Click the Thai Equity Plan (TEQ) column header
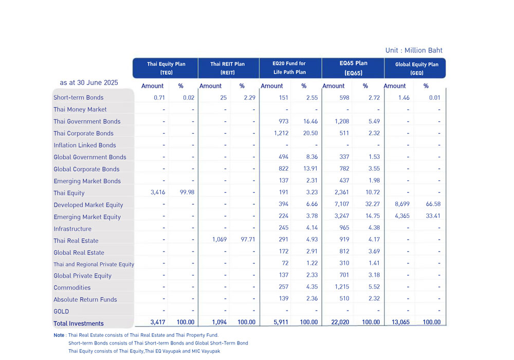pyautogui.click(x=166, y=68)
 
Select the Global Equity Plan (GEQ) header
pyautogui.click(x=417, y=68)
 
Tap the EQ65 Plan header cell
pyautogui.click(x=354, y=68)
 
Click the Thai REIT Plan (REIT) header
pyautogui.click(x=228, y=68)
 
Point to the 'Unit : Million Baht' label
pyautogui.click(x=414, y=50)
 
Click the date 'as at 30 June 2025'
pyautogui.click(x=89, y=83)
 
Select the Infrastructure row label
pyautogui.click(x=72, y=229)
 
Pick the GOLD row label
pyautogui.click(x=61, y=312)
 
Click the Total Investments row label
pyautogui.click(x=79, y=323)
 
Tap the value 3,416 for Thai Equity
pyautogui.click(x=158, y=192)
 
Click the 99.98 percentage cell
pyautogui.click(x=187, y=192)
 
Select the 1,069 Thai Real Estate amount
pyautogui.click(x=219, y=239)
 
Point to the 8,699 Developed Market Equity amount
pyautogui.click(x=402, y=204)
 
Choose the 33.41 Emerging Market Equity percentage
pyautogui.click(x=433, y=215)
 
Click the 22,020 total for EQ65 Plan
pyautogui.click(x=340, y=322)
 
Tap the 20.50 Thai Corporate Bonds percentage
pyautogui.click(x=310, y=133)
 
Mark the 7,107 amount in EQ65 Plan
pyautogui.click(x=342, y=204)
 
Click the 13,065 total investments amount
pyautogui.click(x=400, y=322)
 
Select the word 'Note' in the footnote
pyautogui.click(x=59, y=335)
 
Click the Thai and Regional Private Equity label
pyautogui.click(x=94, y=264)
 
